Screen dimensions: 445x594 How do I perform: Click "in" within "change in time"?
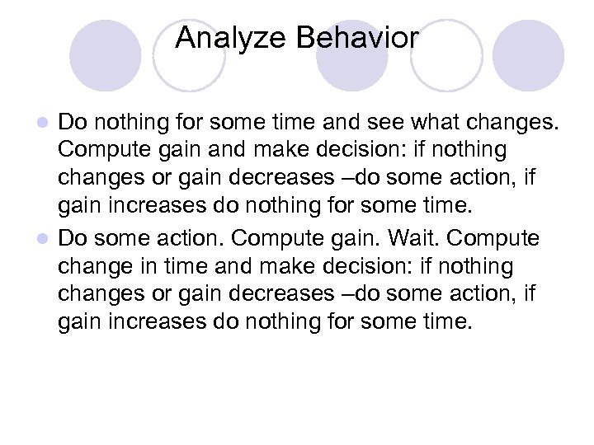tap(148, 266)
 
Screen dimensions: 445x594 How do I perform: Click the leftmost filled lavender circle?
tap(102, 54)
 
